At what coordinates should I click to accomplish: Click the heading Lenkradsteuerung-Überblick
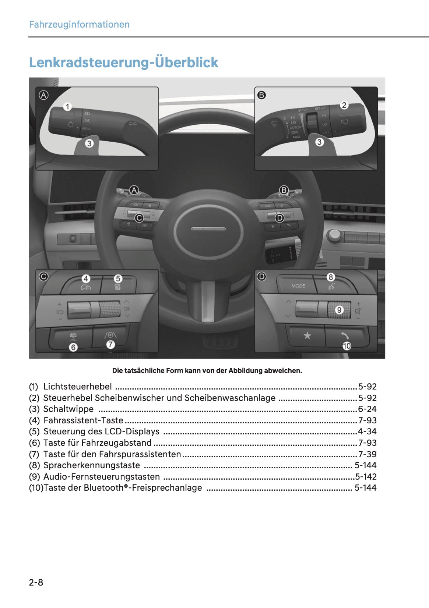click(x=124, y=63)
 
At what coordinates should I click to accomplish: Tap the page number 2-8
click(x=36, y=582)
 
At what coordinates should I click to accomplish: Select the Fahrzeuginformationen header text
click(x=79, y=25)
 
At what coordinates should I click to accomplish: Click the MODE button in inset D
click(x=298, y=286)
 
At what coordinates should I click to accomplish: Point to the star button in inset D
click(x=307, y=335)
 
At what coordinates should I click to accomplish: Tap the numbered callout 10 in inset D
click(x=347, y=346)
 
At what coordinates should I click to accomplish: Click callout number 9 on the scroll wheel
click(x=339, y=310)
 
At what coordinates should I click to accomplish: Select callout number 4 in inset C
click(x=86, y=279)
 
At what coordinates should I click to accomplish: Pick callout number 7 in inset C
click(x=110, y=344)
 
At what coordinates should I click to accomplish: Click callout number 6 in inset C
click(x=73, y=347)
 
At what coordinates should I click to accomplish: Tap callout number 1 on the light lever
click(x=67, y=107)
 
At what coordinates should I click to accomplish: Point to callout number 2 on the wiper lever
click(x=344, y=105)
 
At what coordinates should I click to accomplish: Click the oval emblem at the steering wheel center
click(x=208, y=229)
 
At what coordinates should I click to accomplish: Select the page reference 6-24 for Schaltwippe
click(x=367, y=409)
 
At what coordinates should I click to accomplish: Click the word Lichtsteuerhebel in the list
click(x=77, y=387)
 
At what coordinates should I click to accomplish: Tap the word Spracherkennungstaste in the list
click(x=92, y=465)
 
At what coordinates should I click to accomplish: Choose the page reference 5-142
click(x=366, y=477)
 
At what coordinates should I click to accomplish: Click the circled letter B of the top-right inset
click(x=261, y=95)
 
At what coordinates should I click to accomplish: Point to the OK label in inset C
click(x=127, y=309)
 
